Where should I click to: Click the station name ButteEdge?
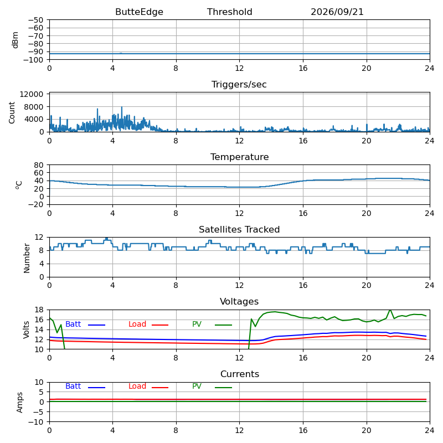tap(139, 12)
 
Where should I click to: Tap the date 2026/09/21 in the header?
tap(337, 12)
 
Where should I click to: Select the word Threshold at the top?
tap(229, 12)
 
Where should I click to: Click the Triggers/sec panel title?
tap(239, 85)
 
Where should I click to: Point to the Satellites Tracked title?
tap(239, 229)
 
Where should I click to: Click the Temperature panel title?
tap(239, 157)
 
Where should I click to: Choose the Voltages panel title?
tap(239, 302)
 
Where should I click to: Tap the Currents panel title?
tap(240, 374)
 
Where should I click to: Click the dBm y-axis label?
tap(15, 40)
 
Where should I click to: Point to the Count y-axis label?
tap(12, 113)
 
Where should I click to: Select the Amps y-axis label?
tap(19, 403)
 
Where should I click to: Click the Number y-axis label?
tap(27, 258)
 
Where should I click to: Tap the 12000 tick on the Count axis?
tap(32, 94)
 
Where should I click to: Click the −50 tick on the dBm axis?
tap(35, 20)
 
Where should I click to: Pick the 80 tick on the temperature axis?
tap(39, 165)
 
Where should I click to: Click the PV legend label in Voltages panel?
tap(197, 324)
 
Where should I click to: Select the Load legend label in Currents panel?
tap(137, 386)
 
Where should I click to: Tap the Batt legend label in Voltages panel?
tap(73, 324)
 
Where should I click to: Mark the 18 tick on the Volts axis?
tap(39, 310)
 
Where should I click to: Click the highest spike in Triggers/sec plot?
tap(122, 107)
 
